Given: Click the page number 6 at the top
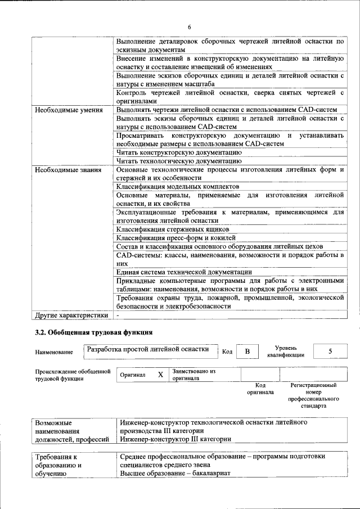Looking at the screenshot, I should [189, 28].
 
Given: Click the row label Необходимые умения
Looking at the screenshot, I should [69, 110].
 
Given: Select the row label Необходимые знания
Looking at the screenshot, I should [67, 169].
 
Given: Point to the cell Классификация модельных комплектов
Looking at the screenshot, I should [178, 186].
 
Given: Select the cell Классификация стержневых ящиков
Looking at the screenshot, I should [173, 229].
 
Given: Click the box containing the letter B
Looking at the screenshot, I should [246, 352].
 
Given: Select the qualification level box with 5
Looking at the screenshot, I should [330, 352].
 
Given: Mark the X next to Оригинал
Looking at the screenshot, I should [160, 375].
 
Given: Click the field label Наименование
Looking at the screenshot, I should [54, 352].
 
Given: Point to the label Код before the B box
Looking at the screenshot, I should [227, 352].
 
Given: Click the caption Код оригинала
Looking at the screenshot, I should [260, 389].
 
